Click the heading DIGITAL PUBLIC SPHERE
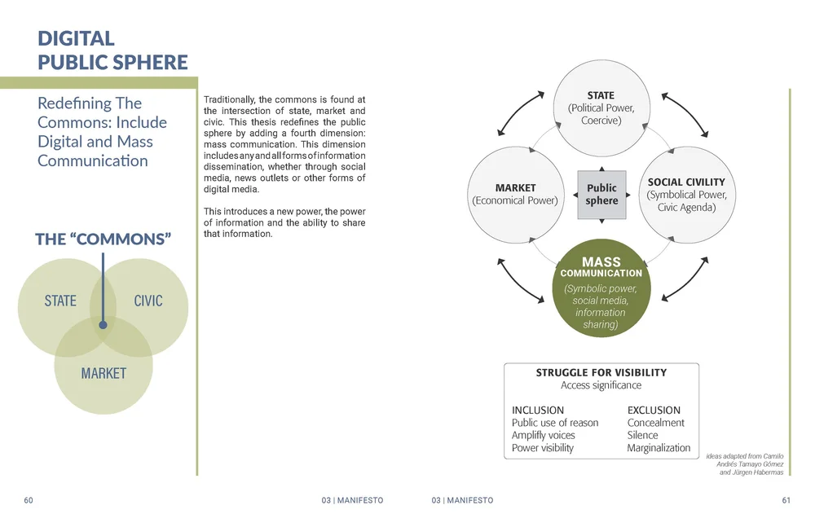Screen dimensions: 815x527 112,50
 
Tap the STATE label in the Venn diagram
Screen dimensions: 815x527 60,301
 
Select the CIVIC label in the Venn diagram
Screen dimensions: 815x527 148,301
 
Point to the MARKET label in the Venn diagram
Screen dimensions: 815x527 104,374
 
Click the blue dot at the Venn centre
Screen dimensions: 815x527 103,325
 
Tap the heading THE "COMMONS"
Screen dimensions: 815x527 103,239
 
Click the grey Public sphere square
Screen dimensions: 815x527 601,195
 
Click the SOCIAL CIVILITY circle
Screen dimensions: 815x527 685,195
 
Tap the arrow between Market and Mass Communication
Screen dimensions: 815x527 519,280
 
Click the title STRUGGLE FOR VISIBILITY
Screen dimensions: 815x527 601,373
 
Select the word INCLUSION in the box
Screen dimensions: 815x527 538,411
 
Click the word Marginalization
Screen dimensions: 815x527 659,448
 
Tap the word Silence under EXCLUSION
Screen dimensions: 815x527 642,436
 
